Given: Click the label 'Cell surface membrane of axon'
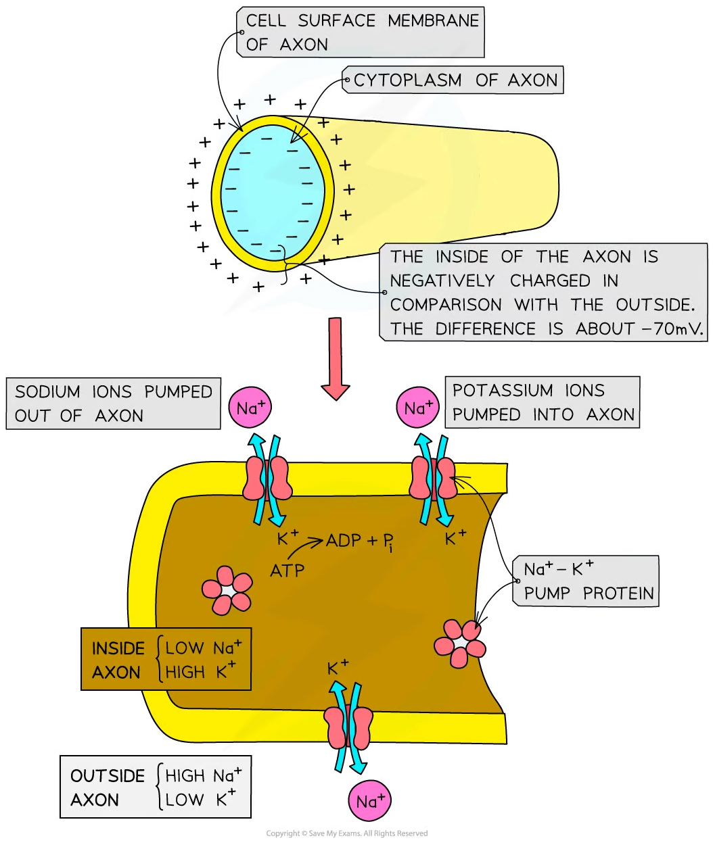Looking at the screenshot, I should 361,32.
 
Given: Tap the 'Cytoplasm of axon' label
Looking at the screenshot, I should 455,80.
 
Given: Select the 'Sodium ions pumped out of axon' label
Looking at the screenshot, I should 113,404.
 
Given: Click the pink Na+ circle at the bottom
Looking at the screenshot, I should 370,802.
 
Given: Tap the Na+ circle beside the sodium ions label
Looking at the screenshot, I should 250,408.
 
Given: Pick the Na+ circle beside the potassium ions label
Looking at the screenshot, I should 418,408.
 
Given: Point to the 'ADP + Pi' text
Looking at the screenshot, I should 360,541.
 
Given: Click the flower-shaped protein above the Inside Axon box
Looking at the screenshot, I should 227,590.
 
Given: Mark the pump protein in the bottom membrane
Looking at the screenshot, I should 348,725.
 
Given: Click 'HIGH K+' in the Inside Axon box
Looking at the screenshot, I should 201,672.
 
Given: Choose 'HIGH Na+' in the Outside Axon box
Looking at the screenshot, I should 204,775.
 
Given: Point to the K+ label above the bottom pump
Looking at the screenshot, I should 338,668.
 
